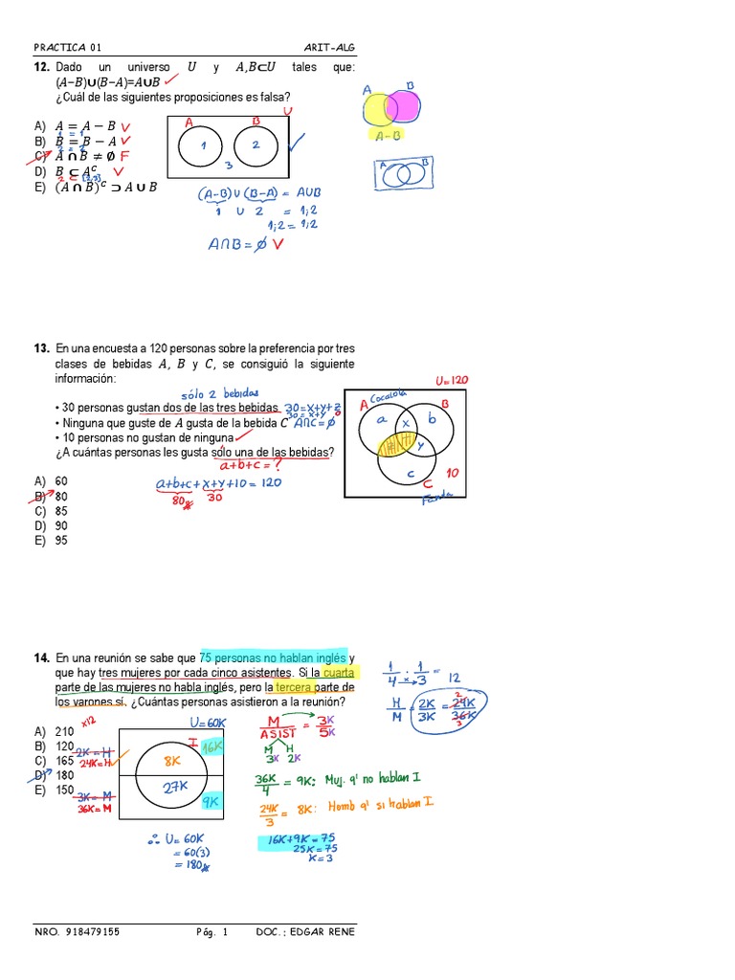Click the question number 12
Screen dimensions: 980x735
point(41,68)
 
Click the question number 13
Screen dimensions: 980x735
point(41,349)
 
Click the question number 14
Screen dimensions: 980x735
point(41,658)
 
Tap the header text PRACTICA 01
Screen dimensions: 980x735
point(67,47)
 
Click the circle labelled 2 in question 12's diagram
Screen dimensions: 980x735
point(256,145)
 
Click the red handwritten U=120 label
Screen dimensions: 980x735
point(452,380)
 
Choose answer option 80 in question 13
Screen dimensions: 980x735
point(61,497)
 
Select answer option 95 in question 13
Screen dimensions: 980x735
point(61,540)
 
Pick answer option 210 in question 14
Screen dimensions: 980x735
point(65,731)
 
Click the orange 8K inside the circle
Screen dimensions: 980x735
point(173,761)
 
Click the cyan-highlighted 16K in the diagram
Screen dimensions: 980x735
point(212,746)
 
